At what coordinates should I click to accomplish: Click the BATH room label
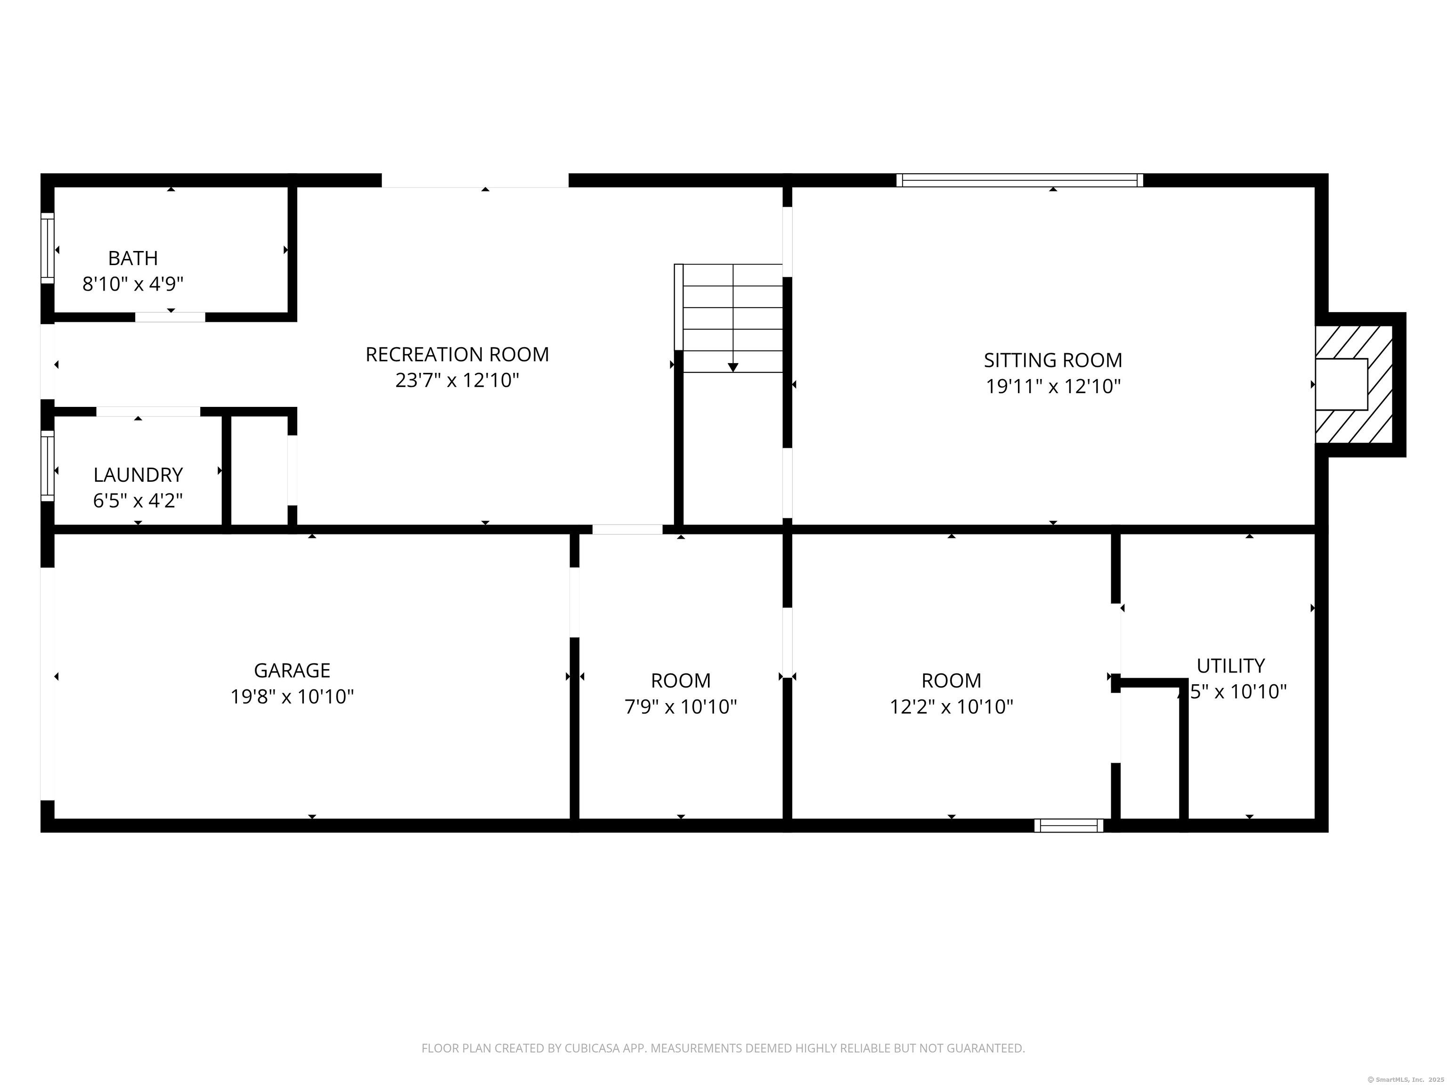(x=133, y=259)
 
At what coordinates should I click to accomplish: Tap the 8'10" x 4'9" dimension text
(x=133, y=284)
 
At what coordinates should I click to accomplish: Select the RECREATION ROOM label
(x=456, y=355)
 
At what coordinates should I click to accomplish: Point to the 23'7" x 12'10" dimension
(x=456, y=381)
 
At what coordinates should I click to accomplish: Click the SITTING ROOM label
(x=1053, y=360)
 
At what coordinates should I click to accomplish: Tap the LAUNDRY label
(x=138, y=475)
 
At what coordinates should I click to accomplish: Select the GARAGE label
(x=292, y=671)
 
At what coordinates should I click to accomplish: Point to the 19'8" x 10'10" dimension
(x=292, y=696)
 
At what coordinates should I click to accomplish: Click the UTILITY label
(x=1230, y=666)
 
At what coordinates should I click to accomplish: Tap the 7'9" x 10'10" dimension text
(x=680, y=707)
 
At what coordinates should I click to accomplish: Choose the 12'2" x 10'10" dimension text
(x=951, y=707)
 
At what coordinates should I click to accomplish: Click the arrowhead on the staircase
(x=732, y=367)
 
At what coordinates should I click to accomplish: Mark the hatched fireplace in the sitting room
(x=1355, y=385)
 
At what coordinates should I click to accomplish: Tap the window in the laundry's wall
(x=47, y=466)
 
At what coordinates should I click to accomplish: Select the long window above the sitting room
(x=1019, y=180)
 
